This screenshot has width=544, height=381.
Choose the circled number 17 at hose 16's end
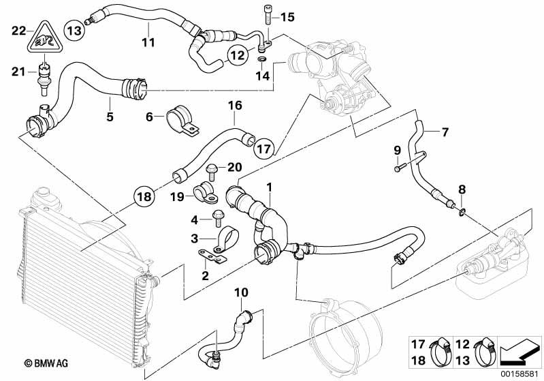tap(266, 146)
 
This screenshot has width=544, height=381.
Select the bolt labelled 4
tap(217, 218)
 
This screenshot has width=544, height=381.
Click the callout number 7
tap(445, 131)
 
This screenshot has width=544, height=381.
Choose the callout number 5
tap(109, 117)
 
